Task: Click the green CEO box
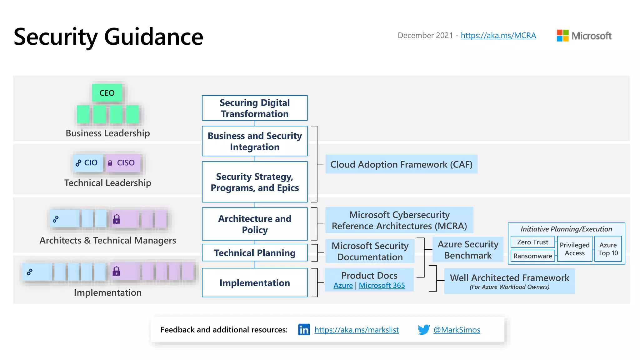(107, 93)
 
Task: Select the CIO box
(88, 163)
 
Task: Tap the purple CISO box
(122, 163)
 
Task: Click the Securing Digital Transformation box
(255, 108)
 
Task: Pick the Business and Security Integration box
(255, 141)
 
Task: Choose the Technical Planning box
(255, 253)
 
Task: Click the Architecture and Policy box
(255, 224)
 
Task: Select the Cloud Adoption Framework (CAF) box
(401, 164)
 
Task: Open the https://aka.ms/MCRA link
(498, 36)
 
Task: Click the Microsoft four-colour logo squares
(562, 36)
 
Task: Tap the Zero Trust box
(532, 242)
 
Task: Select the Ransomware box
(532, 256)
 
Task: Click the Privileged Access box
(574, 249)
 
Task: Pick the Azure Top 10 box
(608, 249)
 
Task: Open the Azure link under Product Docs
(343, 286)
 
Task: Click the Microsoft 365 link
(382, 286)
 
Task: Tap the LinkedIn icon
(304, 330)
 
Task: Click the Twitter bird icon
(424, 330)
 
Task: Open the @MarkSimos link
(457, 330)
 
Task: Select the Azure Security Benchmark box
(468, 250)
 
